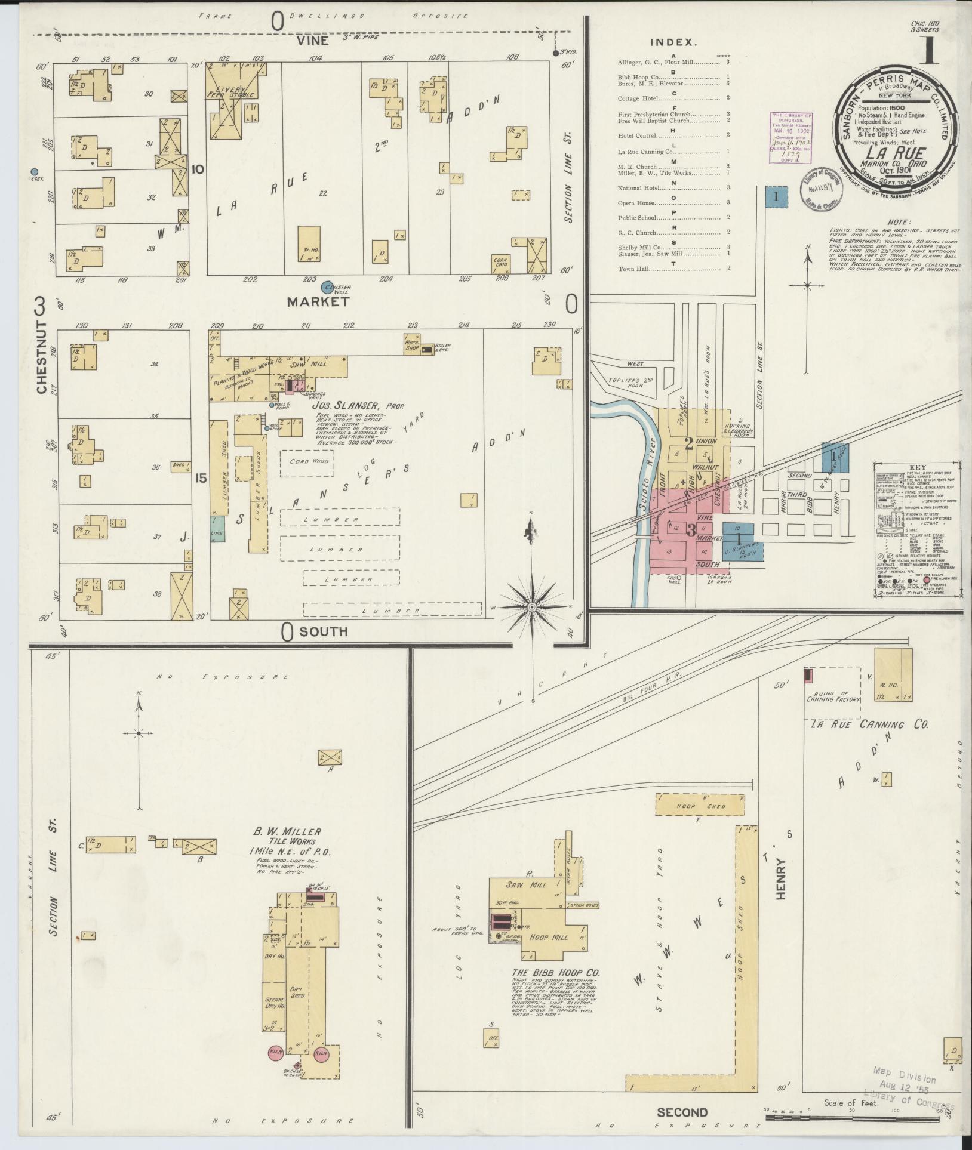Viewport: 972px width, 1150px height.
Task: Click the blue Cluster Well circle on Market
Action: (x=327, y=288)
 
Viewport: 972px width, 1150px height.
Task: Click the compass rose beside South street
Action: (x=531, y=607)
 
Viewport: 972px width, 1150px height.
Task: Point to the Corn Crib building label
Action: (x=500, y=261)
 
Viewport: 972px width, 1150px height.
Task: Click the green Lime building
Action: (x=217, y=529)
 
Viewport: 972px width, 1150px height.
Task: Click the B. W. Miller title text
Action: (x=288, y=831)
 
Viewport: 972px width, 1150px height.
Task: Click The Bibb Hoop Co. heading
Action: (x=555, y=972)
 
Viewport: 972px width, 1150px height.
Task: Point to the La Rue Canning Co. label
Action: (x=869, y=724)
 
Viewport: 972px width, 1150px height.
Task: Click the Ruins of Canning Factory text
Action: (x=833, y=695)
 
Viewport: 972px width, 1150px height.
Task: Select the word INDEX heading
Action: (x=673, y=42)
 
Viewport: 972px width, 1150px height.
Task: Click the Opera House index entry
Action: (x=636, y=203)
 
